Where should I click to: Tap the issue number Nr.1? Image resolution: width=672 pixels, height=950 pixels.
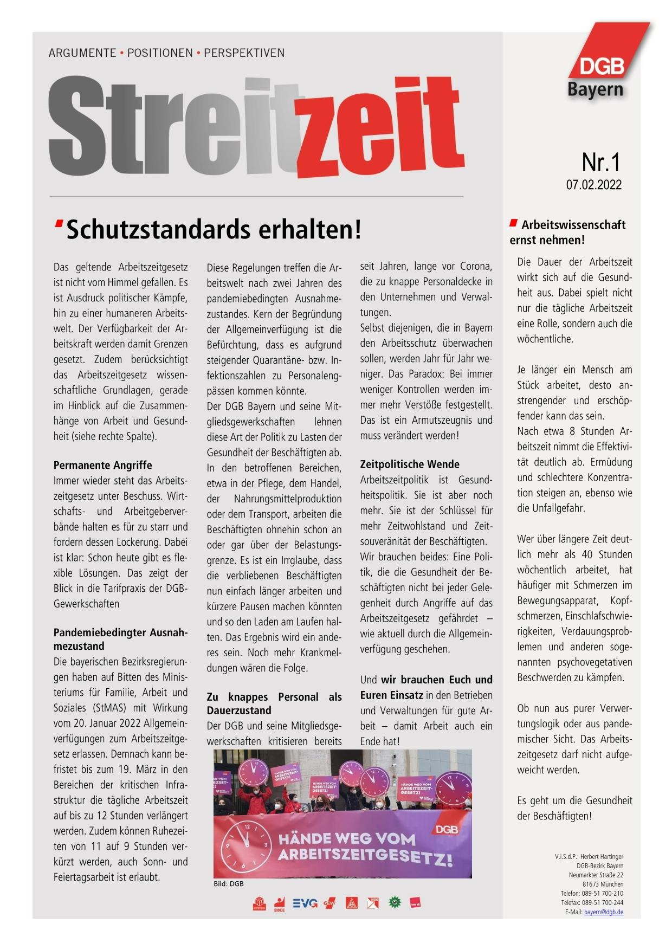coord(600,162)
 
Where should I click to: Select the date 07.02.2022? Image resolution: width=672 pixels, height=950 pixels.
coord(594,185)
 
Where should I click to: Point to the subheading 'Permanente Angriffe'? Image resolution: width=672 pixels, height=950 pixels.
coord(102,465)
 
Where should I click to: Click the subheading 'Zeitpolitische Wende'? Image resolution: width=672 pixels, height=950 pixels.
coord(410,464)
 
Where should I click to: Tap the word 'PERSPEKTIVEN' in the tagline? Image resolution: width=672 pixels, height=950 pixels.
coord(244,53)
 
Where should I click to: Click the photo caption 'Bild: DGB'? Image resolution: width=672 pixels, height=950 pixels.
coord(229,884)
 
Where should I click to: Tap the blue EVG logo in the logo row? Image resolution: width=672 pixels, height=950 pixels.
coord(305,903)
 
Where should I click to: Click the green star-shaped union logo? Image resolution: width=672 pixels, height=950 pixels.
coord(395,903)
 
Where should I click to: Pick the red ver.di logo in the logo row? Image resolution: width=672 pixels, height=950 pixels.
coord(416,903)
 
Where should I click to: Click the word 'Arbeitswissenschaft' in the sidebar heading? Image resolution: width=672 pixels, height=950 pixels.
coord(573,225)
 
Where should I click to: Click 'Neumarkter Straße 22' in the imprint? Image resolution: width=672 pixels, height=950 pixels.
coord(596,875)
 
